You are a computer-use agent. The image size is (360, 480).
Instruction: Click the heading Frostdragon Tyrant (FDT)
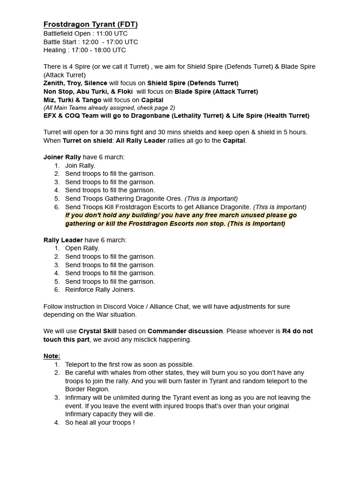pyautogui.click(x=90, y=24)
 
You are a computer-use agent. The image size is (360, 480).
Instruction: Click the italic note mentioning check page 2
pyautogui.click(x=109, y=107)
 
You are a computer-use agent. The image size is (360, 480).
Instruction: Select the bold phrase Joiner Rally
pyautogui.click(x=62, y=157)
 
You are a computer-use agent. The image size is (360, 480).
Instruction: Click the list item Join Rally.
pyautogui.click(x=80, y=165)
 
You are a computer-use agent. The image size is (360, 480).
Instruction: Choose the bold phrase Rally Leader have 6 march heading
pyautogui.click(x=85, y=240)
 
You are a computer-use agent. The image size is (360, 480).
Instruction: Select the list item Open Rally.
pyautogui.click(x=82, y=248)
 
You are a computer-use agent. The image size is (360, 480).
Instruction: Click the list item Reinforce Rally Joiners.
pyautogui.click(x=100, y=290)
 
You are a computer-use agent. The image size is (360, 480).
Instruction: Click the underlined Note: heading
pyautogui.click(x=52, y=356)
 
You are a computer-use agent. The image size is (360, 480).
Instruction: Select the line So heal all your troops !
pyautogui.click(x=100, y=422)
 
